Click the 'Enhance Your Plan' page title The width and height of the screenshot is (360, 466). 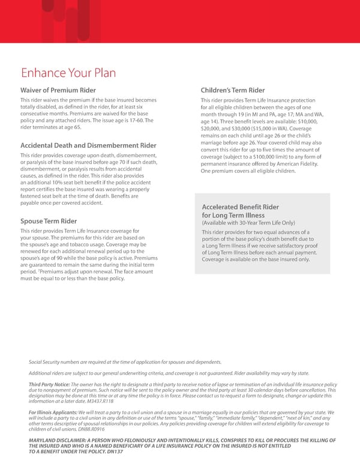click(x=67, y=74)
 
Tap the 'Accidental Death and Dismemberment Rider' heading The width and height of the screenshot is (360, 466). click(x=88, y=145)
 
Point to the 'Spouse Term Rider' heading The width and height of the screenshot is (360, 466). click(x=49, y=221)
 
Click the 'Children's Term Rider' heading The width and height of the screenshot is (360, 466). click(x=233, y=90)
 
